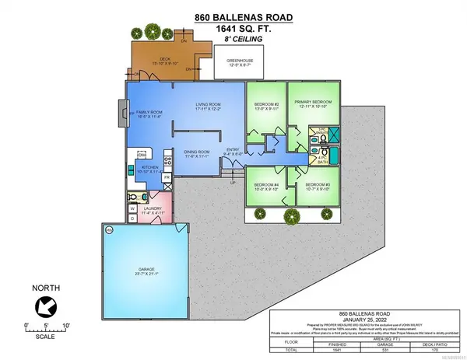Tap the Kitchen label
pos(149,167)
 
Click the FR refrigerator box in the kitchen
pos(167,178)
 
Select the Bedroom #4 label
pos(267,187)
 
